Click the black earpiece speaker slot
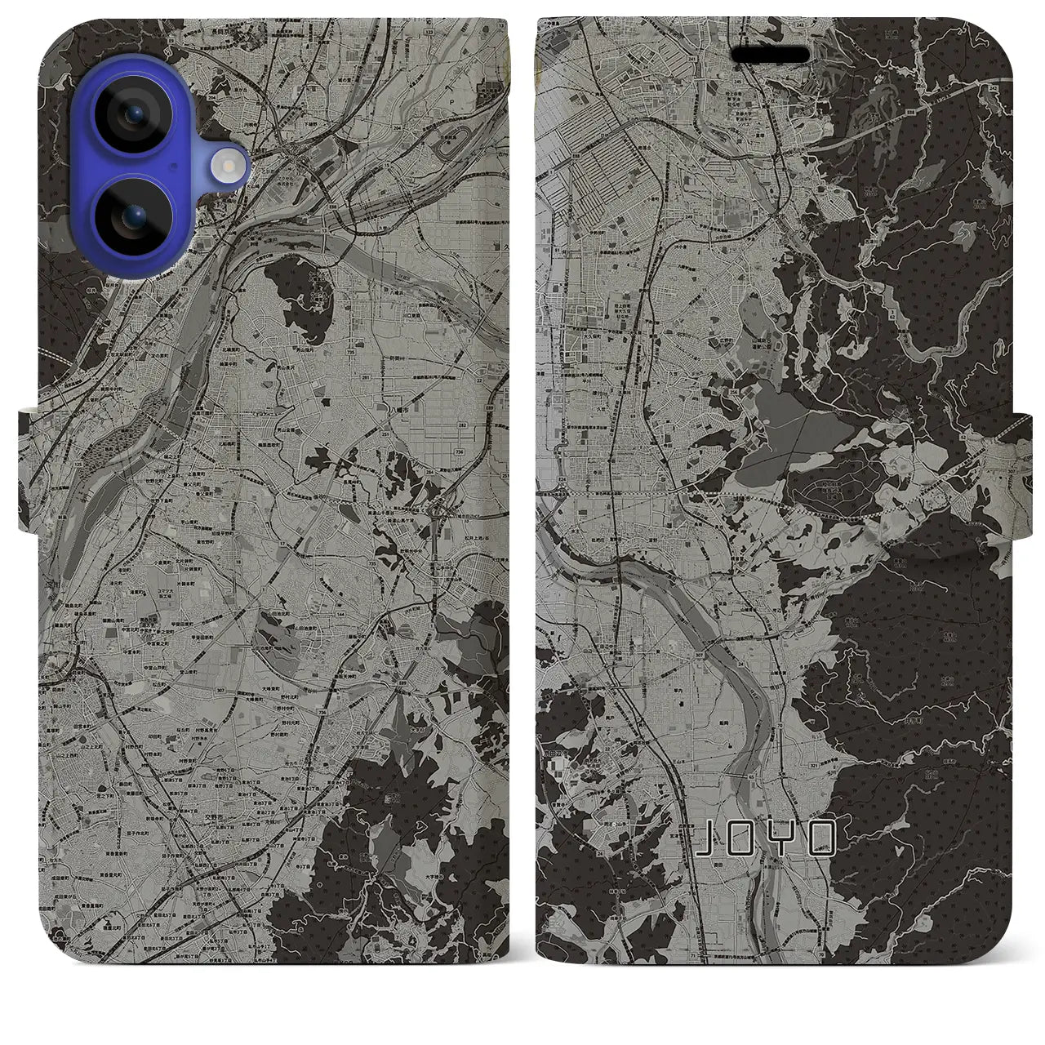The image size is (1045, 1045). (771, 55)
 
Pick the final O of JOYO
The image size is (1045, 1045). (822, 839)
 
